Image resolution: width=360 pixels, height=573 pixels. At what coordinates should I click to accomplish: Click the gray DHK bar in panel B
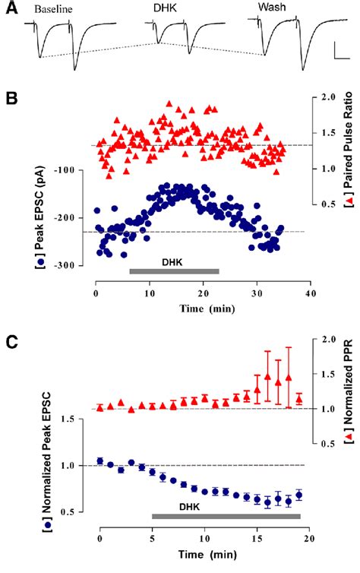coord(174,271)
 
